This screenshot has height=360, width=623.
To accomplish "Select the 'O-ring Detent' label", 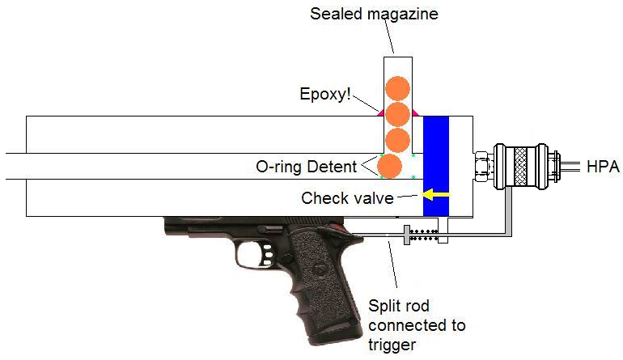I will [x=306, y=167].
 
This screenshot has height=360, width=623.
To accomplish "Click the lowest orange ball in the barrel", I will [x=389, y=166].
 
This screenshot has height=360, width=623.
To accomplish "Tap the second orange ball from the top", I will [x=397, y=113].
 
